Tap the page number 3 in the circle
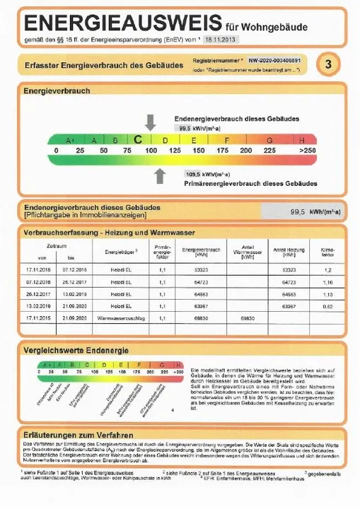(x=327, y=65)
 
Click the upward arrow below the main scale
(x=161, y=174)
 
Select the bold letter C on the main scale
(x=139, y=140)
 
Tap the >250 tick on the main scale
(x=307, y=151)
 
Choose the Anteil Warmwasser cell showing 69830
(x=248, y=319)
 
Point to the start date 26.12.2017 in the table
(x=39, y=295)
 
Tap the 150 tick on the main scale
(x=199, y=151)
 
